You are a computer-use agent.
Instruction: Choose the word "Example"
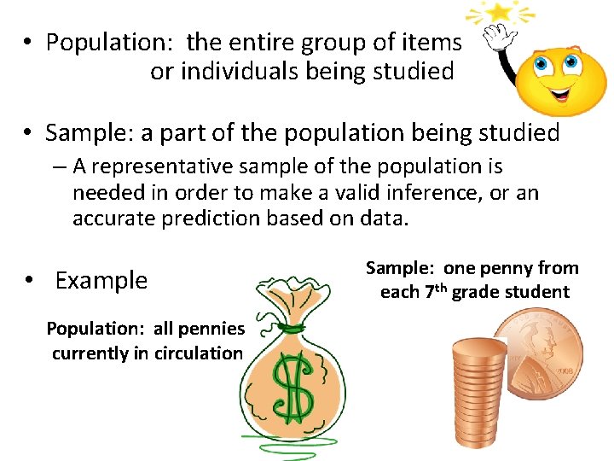click(101, 280)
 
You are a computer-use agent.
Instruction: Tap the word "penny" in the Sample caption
click(509, 268)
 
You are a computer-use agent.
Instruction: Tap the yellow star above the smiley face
click(500, 13)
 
